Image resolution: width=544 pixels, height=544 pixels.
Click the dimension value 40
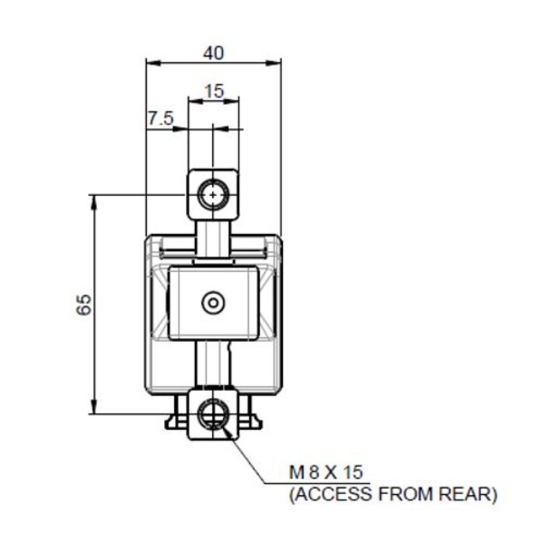point(214,53)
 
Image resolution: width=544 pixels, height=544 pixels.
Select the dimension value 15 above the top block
point(214,90)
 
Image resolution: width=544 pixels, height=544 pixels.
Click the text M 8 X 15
point(326,472)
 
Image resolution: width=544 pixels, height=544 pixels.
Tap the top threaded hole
point(212,194)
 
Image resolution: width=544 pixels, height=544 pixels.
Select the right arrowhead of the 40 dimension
point(276,64)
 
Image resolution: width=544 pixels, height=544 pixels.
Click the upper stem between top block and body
point(212,241)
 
